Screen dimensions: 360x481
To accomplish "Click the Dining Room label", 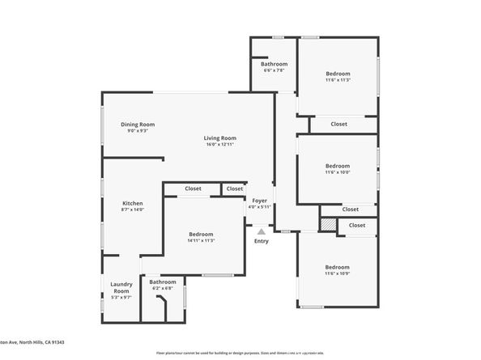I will [138, 124].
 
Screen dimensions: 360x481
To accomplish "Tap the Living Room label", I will [219, 138].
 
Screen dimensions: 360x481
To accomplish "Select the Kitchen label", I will [133, 203].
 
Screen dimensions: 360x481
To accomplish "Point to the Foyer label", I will [259, 200].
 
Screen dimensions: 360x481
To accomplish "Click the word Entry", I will [261, 241].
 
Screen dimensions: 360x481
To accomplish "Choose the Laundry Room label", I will [121, 287].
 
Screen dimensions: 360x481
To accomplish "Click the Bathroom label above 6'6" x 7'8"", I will [274, 64].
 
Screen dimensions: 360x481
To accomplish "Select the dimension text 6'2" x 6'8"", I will [163, 288].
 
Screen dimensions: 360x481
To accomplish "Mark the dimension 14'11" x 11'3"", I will [201, 240].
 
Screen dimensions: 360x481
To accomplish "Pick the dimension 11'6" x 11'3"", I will [337, 79].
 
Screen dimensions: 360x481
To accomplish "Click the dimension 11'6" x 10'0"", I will [337, 172].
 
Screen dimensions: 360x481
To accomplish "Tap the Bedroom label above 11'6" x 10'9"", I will [337, 267].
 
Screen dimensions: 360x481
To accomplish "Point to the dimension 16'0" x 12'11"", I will [219, 144].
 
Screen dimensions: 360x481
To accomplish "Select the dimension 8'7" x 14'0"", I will [133, 210].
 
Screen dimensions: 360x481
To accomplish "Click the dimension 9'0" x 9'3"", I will [138, 130].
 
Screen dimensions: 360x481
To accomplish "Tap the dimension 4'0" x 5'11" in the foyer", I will [259, 206].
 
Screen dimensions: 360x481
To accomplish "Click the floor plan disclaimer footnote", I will [240, 354].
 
